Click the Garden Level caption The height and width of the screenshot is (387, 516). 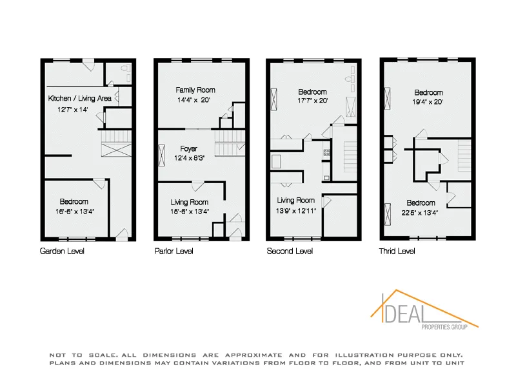pos(62,251)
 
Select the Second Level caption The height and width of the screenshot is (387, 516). pos(290,251)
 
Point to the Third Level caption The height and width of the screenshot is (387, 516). pos(397,251)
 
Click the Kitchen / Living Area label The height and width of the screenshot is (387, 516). pos(80,99)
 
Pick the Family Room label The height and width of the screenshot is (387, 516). pos(195,90)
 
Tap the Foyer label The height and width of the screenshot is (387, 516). pos(189,149)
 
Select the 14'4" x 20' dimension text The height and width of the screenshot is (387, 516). pos(195,100)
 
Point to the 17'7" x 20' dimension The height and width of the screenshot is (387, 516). pos(312,101)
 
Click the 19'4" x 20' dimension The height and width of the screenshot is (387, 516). pos(428,102)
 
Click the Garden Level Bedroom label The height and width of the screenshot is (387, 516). pos(74,202)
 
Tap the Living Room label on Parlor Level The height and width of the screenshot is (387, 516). pos(189,202)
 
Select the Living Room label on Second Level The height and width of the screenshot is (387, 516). pos(295,201)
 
